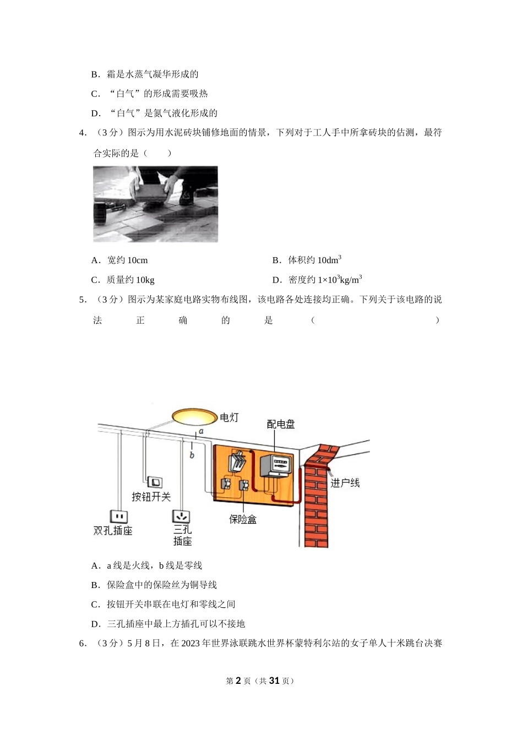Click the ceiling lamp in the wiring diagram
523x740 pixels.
(x=194, y=416)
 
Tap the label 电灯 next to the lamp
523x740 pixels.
(x=229, y=418)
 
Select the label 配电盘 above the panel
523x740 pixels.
(x=281, y=424)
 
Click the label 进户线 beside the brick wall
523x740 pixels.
(x=345, y=483)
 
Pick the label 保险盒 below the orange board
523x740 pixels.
(x=243, y=519)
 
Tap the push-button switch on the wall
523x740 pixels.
(x=156, y=482)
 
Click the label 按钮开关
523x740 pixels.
(x=151, y=497)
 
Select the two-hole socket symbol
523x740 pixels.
(x=119, y=516)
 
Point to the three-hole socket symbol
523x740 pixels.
(x=181, y=516)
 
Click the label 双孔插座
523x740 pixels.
(x=113, y=531)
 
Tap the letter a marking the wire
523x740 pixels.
(x=201, y=431)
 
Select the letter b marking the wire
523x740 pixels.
(x=192, y=455)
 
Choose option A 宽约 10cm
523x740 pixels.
(x=119, y=260)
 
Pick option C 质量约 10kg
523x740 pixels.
(x=123, y=280)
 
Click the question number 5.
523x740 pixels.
(x=82, y=300)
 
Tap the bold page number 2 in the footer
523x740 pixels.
(x=238, y=681)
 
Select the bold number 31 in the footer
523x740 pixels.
(x=274, y=681)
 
